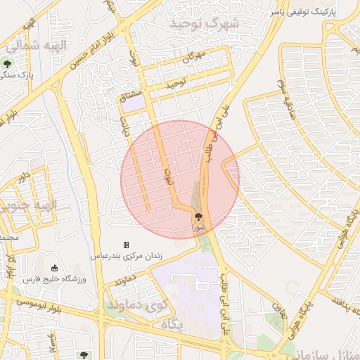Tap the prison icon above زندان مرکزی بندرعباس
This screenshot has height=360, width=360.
(126, 245)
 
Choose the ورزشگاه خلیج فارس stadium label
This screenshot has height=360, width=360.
(54, 279)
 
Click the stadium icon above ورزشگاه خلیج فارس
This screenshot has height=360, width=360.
(54, 268)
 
